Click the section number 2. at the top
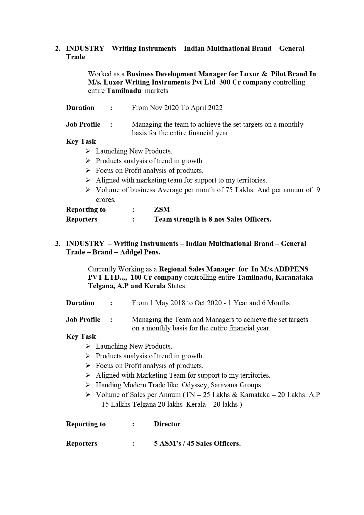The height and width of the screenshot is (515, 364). tap(58, 48)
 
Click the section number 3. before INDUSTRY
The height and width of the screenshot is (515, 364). tap(58, 244)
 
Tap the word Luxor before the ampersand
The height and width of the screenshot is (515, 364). tap(249, 74)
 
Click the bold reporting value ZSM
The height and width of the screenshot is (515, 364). tap(162, 210)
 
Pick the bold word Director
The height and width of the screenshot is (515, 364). tap(167, 424)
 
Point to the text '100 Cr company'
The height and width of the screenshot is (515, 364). tap(156, 277)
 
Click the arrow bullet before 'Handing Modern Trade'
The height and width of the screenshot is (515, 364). tap(88, 385)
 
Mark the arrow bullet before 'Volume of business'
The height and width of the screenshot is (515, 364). tap(88, 190)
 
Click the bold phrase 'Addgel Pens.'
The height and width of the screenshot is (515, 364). tap(140, 252)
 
